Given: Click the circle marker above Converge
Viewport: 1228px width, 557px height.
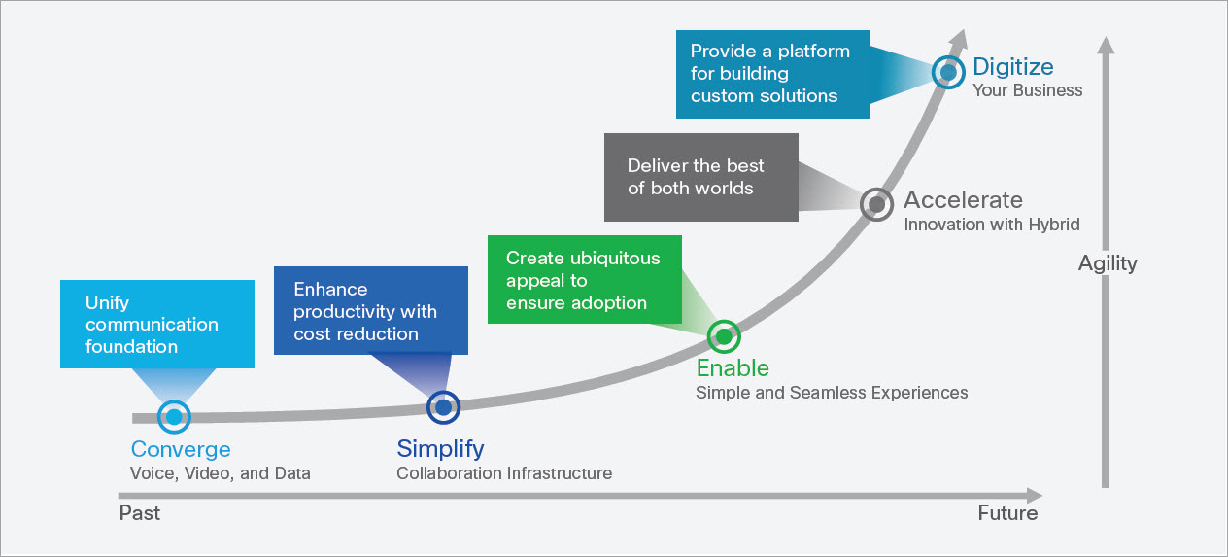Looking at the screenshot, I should pyautogui.click(x=174, y=417).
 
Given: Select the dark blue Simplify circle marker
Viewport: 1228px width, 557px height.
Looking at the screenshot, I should pyautogui.click(x=443, y=407).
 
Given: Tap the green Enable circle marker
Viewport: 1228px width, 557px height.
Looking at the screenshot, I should pyautogui.click(x=723, y=336).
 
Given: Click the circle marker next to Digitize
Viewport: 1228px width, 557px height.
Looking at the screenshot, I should pyautogui.click(x=947, y=72).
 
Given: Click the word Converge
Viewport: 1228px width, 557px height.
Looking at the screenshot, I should pyautogui.click(x=181, y=449).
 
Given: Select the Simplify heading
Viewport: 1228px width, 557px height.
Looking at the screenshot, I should pyautogui.click(x=440, y=448).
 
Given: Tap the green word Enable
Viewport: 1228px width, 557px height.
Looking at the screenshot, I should pyautogui.click(x=733, y=368).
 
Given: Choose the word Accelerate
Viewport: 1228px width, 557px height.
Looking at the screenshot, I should pyautogui.click(x=963, y=200).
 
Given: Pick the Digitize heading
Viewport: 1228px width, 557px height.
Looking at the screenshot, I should pyautogui.click(x=1012, y=67).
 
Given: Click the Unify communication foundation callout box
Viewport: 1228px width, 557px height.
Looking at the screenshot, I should pyautogui.click(x=156, y=325).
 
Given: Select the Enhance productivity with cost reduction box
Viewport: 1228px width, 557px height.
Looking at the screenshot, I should pyautogui.click(x=370, y=311).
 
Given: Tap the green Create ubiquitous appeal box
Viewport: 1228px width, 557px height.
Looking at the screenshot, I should pyautogui.click(x=583, y=280).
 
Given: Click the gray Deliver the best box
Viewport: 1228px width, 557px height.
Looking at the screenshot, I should pyautogui.click(x=700, y=177).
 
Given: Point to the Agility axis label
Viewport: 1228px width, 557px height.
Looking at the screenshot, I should pyautogui.click(x=1108, y=263).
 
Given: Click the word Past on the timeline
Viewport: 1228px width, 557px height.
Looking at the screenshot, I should pyautogui.click(x=140, y=512).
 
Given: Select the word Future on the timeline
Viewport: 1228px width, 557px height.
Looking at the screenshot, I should pyautogui.click(x=1007, y=512).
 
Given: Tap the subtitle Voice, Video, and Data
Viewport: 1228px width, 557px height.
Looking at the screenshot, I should pyautogui.click(x=221, y=473).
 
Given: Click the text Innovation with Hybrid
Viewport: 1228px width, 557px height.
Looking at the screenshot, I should pyautogui.click(x=992, y=225).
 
